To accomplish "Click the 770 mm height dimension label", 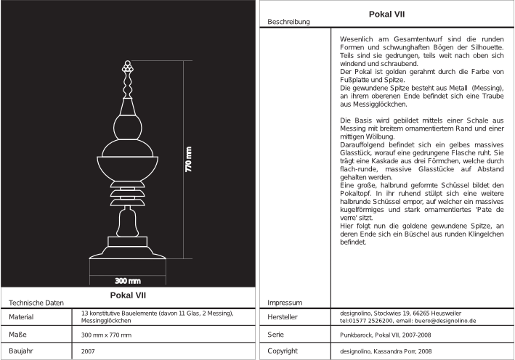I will tap(189, 160).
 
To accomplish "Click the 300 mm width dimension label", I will tap(128, 280).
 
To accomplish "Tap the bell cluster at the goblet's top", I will tap(129, 67).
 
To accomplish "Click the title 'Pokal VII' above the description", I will tap(387, 13).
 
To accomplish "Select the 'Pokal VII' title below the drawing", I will tap(129, 295).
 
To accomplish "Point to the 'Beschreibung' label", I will tap(288, 22).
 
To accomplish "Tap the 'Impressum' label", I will tap(284, 302).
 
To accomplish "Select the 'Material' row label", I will tap(23, 316).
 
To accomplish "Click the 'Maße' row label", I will tap(18, 334).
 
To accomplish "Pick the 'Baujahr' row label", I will tap(22, 351).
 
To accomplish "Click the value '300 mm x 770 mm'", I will tap(106, 334).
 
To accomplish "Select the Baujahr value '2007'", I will tap(89, 351).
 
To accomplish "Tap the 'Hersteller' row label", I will tap(284, 316).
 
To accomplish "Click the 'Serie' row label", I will tap(275, 334).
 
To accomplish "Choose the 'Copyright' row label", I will tap(283, 351).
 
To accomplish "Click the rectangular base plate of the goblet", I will tap(129, 240).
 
